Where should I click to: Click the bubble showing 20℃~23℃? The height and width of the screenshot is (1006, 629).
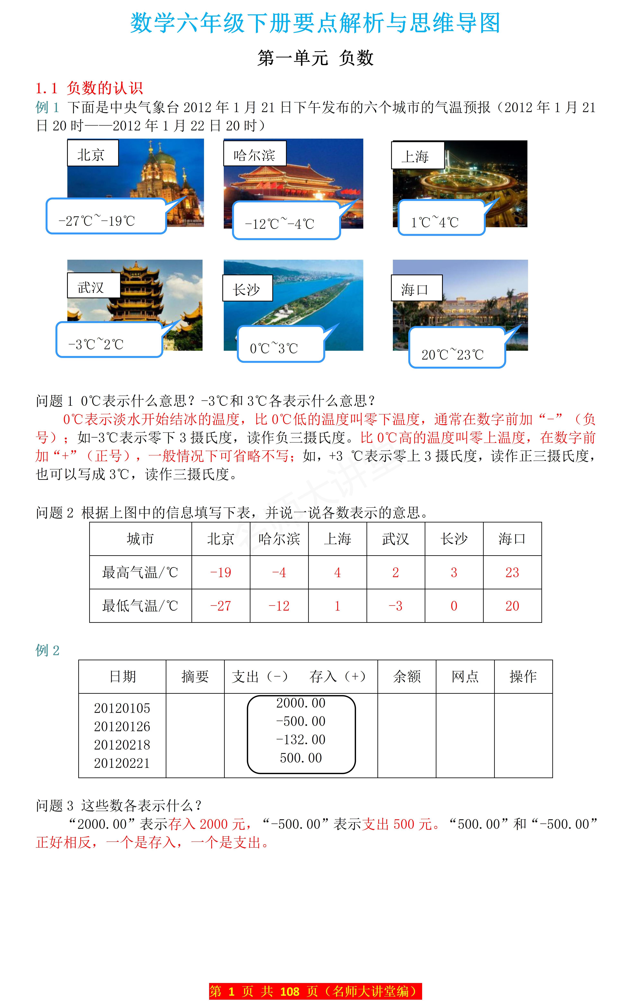tap(457, 348)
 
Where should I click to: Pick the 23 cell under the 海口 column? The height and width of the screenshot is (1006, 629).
tap(512, 572)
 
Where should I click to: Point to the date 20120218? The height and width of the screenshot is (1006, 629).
tap(122, 745)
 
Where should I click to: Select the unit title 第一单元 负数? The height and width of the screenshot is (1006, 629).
tap(315, 58)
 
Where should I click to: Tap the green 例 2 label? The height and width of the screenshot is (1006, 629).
tap(47, 650)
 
